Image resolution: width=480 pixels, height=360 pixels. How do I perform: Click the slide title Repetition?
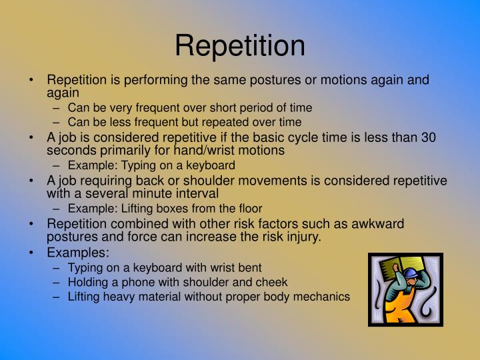coord(240,45)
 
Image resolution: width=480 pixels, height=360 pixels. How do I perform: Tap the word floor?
coord(249,208)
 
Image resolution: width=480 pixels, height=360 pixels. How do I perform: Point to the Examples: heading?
coord(78,253)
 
